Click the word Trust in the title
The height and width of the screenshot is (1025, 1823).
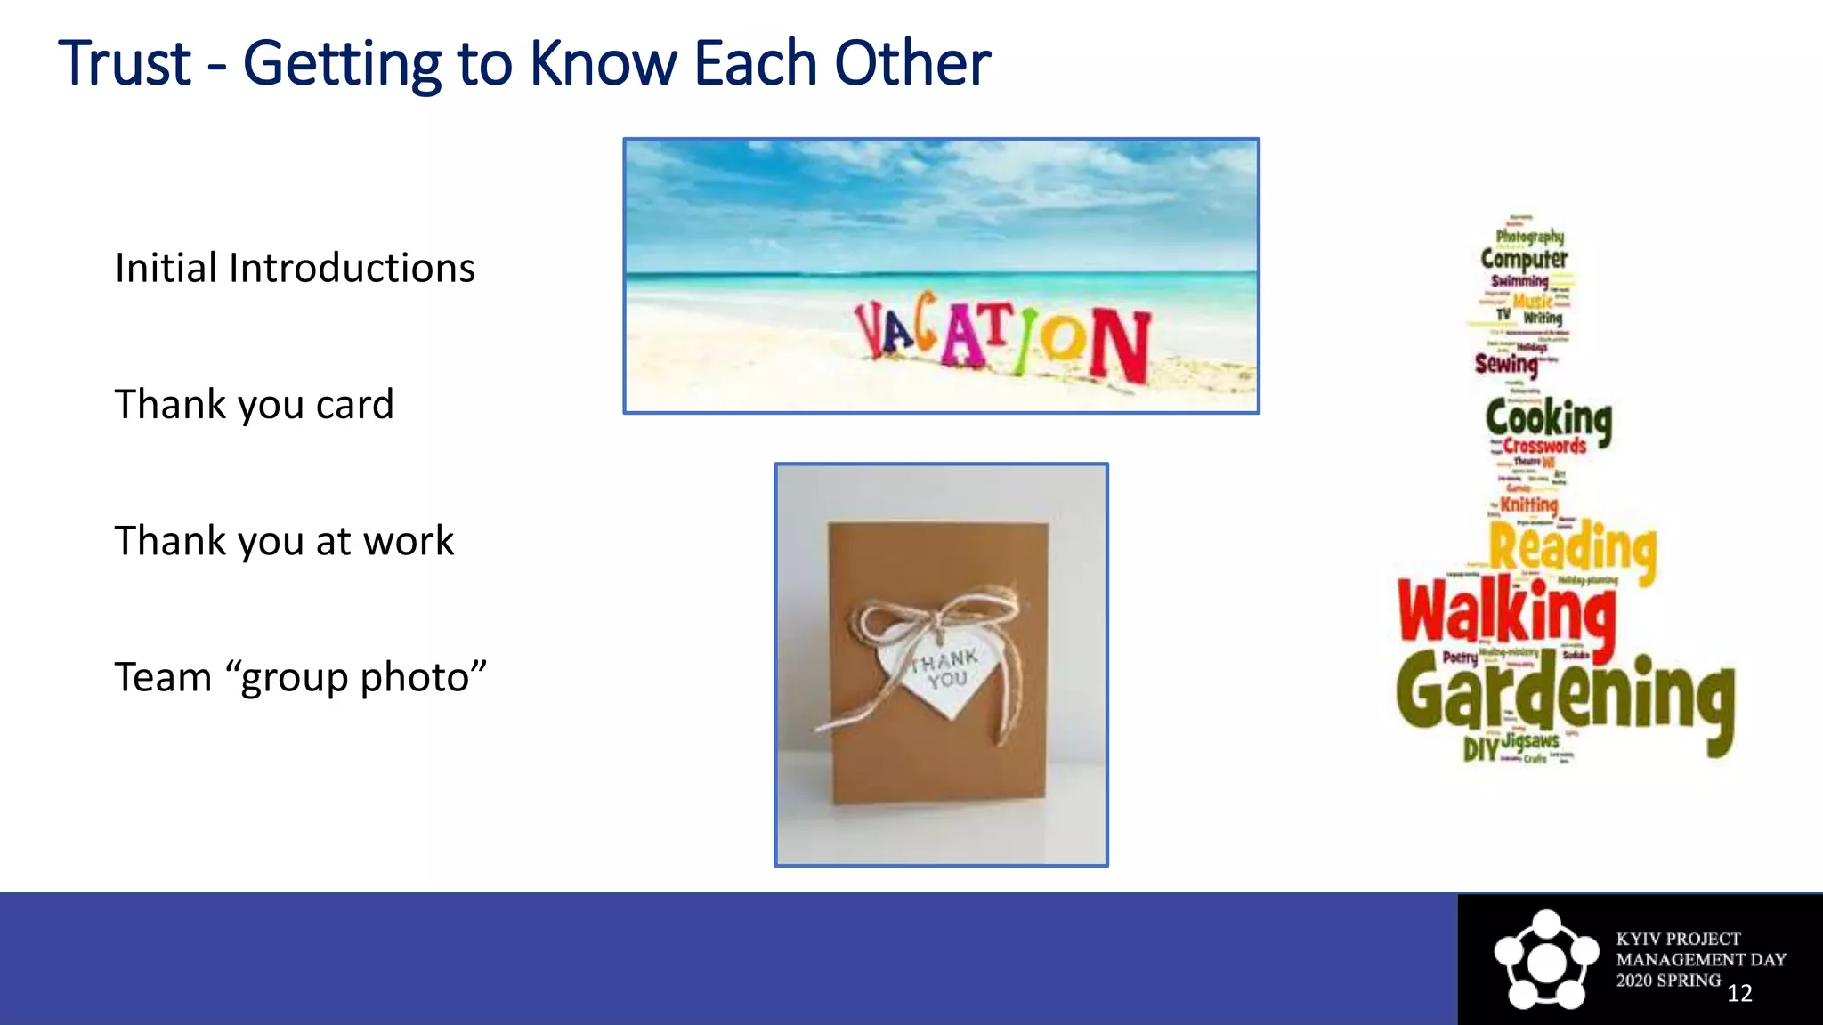125,64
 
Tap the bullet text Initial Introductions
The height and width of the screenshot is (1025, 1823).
295,269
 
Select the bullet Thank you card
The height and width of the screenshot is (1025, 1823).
254,405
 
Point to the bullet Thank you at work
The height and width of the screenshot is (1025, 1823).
284,541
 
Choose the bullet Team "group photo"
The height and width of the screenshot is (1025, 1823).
300,678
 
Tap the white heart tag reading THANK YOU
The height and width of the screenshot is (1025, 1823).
939,672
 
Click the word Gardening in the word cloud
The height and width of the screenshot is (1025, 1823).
1565,698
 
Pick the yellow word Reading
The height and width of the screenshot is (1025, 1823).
1573,546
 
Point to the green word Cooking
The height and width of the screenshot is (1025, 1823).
1548,419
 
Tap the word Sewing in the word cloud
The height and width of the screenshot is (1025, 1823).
1506,364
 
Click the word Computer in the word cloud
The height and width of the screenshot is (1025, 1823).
1524,259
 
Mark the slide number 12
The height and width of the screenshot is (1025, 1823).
1739,993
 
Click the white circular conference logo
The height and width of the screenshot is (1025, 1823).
1546,959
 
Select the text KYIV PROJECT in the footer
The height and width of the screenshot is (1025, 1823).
1678,939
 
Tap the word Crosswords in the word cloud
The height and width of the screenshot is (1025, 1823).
1544,446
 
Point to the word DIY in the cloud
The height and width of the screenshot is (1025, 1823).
1481,749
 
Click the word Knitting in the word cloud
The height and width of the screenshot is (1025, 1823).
1528,504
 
